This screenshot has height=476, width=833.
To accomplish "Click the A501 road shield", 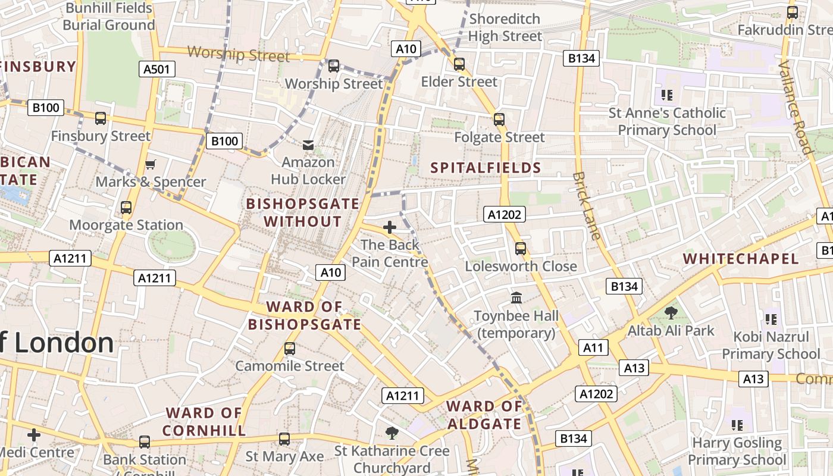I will [x=157, y=69].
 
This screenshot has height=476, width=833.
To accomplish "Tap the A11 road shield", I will [x=593, y=348].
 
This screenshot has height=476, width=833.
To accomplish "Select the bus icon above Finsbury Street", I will [x=101, y=118].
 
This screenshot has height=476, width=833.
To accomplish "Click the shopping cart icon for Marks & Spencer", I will [x=151, y=164].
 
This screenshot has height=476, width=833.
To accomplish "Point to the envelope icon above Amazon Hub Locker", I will [x=308, y=145].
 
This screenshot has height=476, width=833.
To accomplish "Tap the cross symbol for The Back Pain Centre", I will [x=390, y=227].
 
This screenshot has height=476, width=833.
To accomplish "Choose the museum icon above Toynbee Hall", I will [x=516, y=297].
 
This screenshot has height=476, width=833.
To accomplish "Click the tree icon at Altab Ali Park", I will [x=671, y=312].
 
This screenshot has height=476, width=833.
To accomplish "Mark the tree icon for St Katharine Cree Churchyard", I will [x=392, y=433].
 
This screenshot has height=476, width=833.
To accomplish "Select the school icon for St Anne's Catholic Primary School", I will [x=667, y=95].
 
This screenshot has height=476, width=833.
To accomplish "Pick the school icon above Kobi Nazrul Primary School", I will [x=771, y=320].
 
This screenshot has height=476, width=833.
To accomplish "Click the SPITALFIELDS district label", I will [x=486, y=168].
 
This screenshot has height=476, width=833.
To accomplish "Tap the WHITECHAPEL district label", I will [x=740, y=259].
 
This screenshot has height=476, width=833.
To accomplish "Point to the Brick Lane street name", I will [x=587, y=205].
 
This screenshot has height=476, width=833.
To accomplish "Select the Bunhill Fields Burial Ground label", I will [x=109, y=17].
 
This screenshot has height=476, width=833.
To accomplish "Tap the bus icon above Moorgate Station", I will [x=126, y=208].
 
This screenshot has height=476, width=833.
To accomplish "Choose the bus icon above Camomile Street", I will [x=290, y=349].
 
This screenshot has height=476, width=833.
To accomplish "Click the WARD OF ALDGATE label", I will [x=484, y=415].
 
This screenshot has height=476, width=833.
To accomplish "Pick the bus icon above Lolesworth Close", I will [x=521, y=248].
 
